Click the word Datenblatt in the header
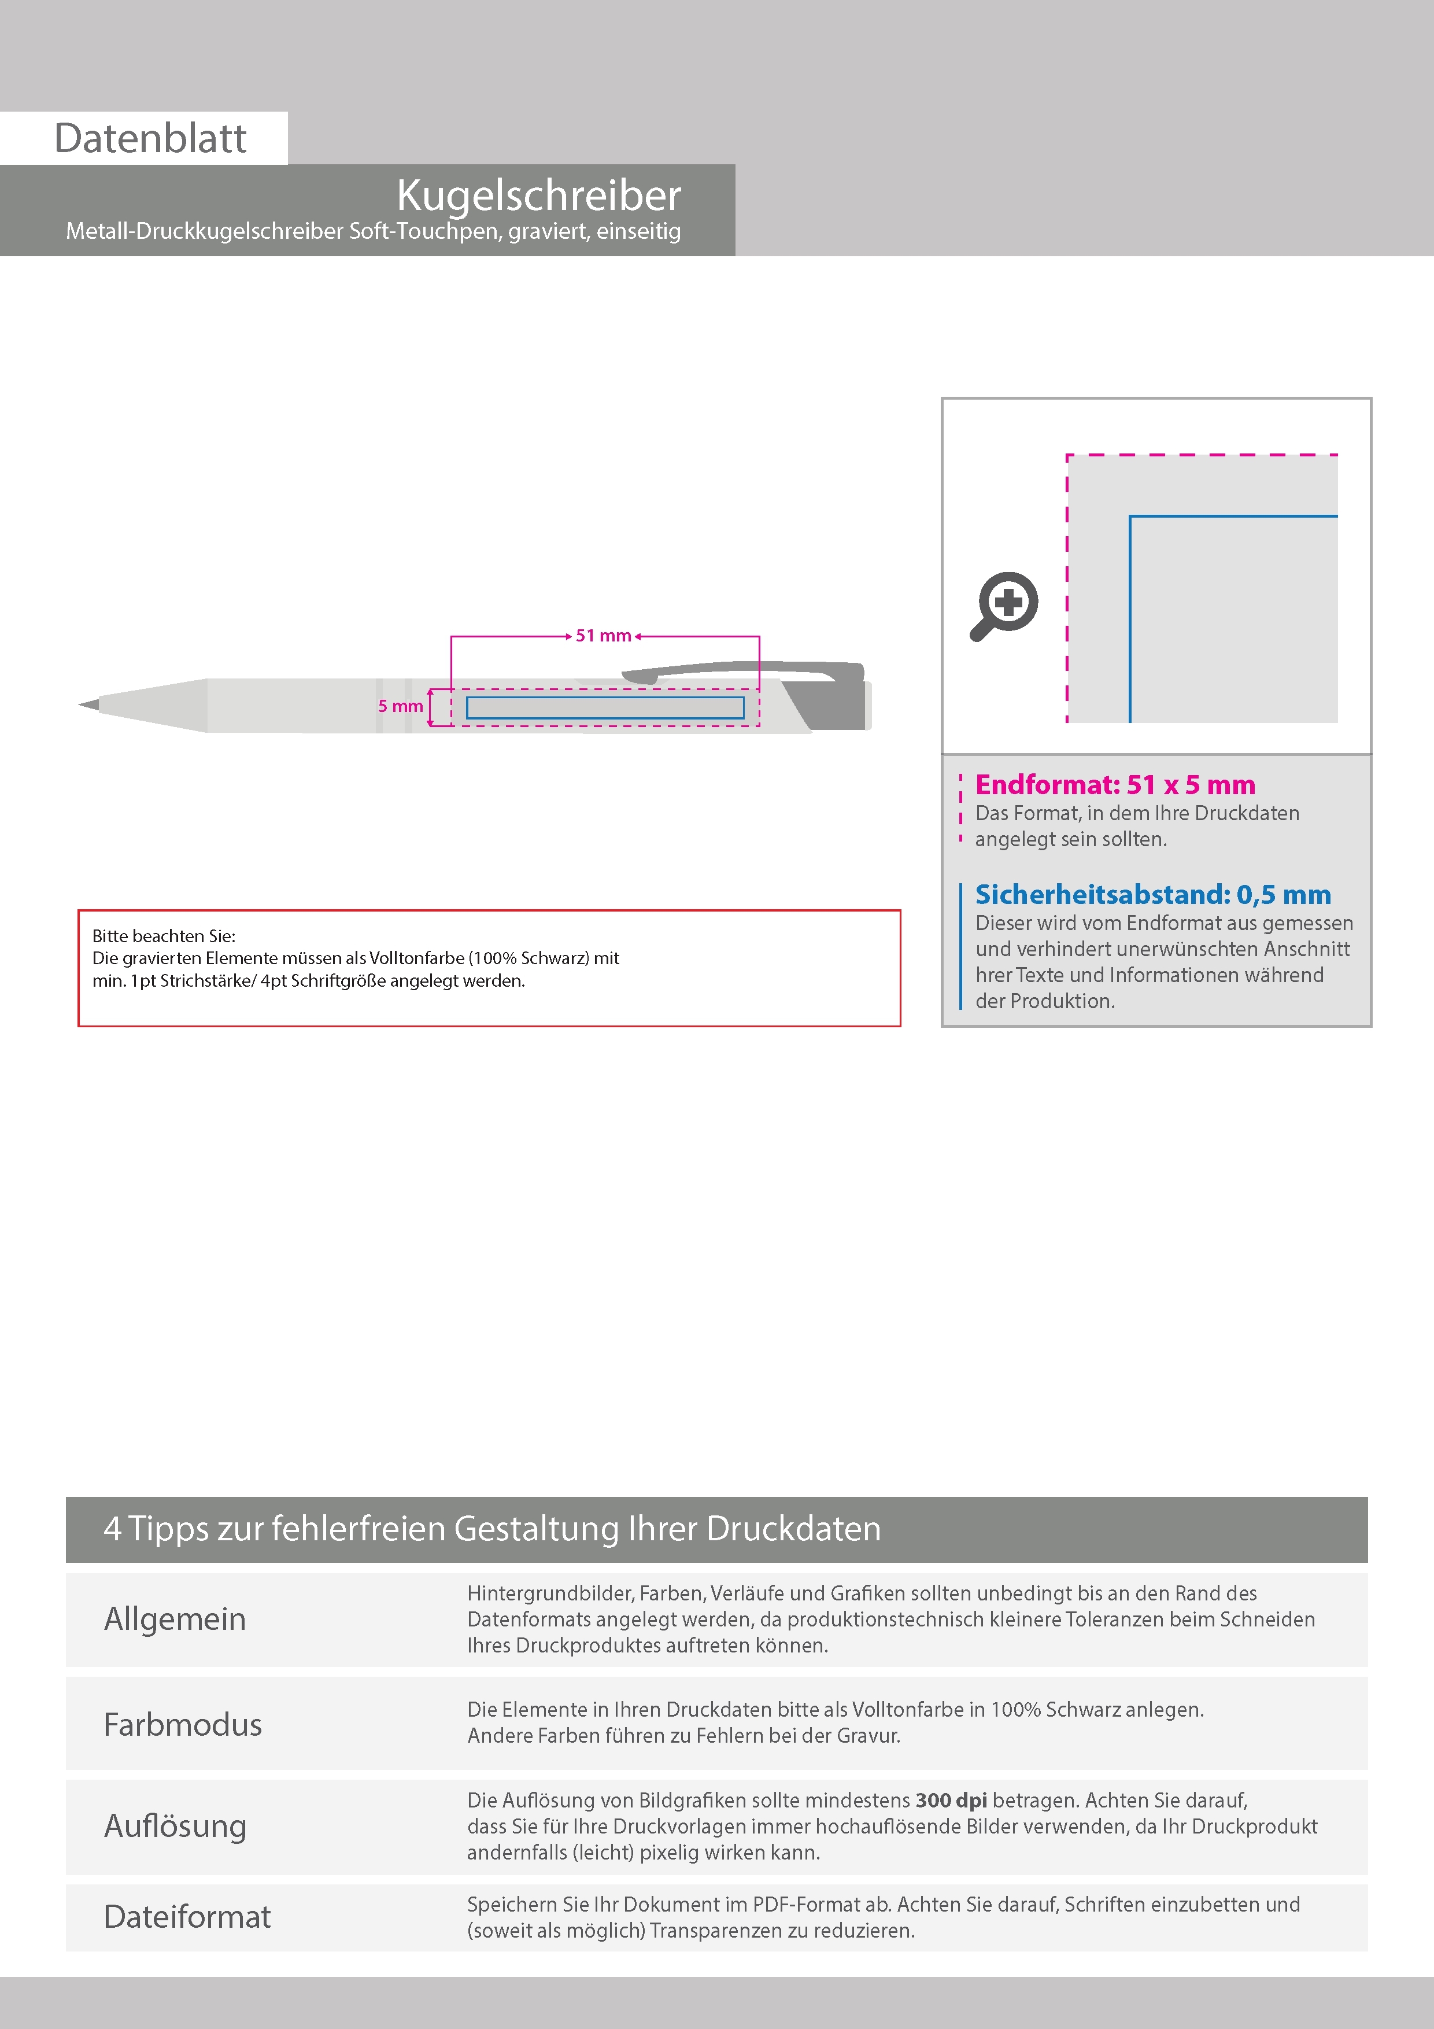[x=150, y=139]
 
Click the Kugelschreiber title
[x=539, y=195]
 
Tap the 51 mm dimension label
[x=604, y=636]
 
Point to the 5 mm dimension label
[x=400, y=706]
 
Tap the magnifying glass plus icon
[x=1006, y=606]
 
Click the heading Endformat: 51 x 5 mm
[x=1114, y=785]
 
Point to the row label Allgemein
[x=175, y=1619]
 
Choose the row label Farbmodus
[x=183, y=1725]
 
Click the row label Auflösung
[x=175, y=1826]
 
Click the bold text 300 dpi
[x=951, y=1800]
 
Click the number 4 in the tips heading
[x=112, y=1529]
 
